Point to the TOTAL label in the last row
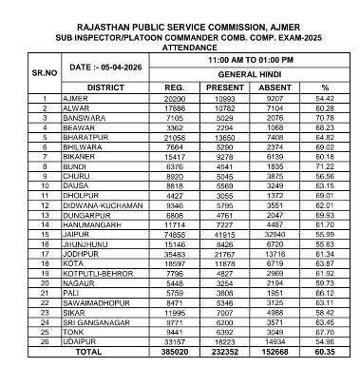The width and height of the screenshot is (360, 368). (101, 352)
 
